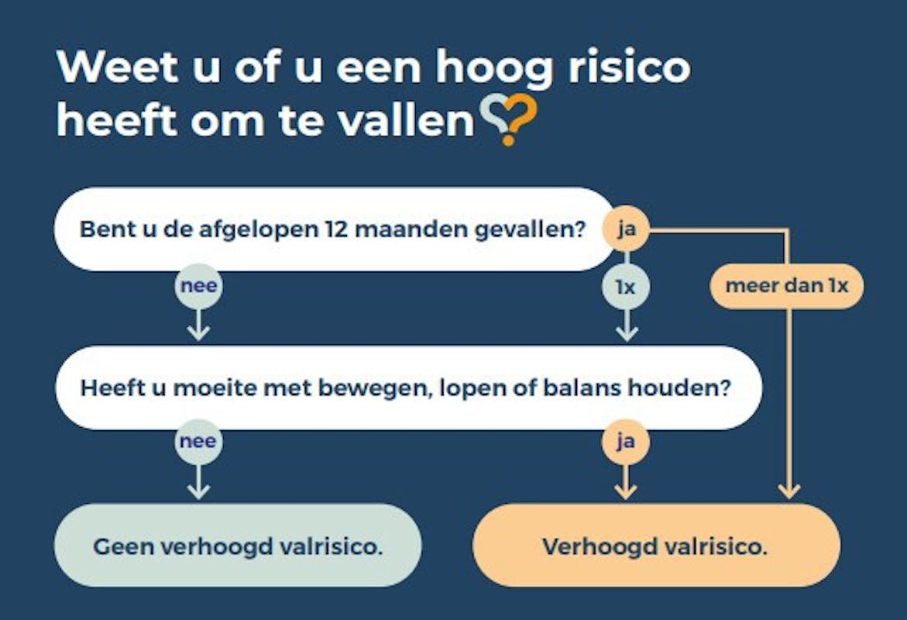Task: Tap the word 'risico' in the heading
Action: tap(629, 67)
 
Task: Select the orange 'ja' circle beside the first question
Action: tap(626, 229)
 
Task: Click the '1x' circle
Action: tap(626, 287)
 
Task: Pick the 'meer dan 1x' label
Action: tap(787, 285)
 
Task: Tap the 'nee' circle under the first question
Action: tap(198, 285)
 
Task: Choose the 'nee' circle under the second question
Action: tap(198, 441)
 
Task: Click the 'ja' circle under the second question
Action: tap(625, 442)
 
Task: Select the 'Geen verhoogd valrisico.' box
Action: tap(239, 546)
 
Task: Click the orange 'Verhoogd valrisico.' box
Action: tap(656, 546)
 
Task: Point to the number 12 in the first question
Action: tap(336, 229)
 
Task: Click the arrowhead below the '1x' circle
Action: tap(627, 334)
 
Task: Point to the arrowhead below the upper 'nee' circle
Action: tap(198, 333)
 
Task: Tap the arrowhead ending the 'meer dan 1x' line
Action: tap(789, 491)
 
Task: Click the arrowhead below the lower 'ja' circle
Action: tap(625, 491)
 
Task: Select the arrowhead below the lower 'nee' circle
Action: tap(198, 491)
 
